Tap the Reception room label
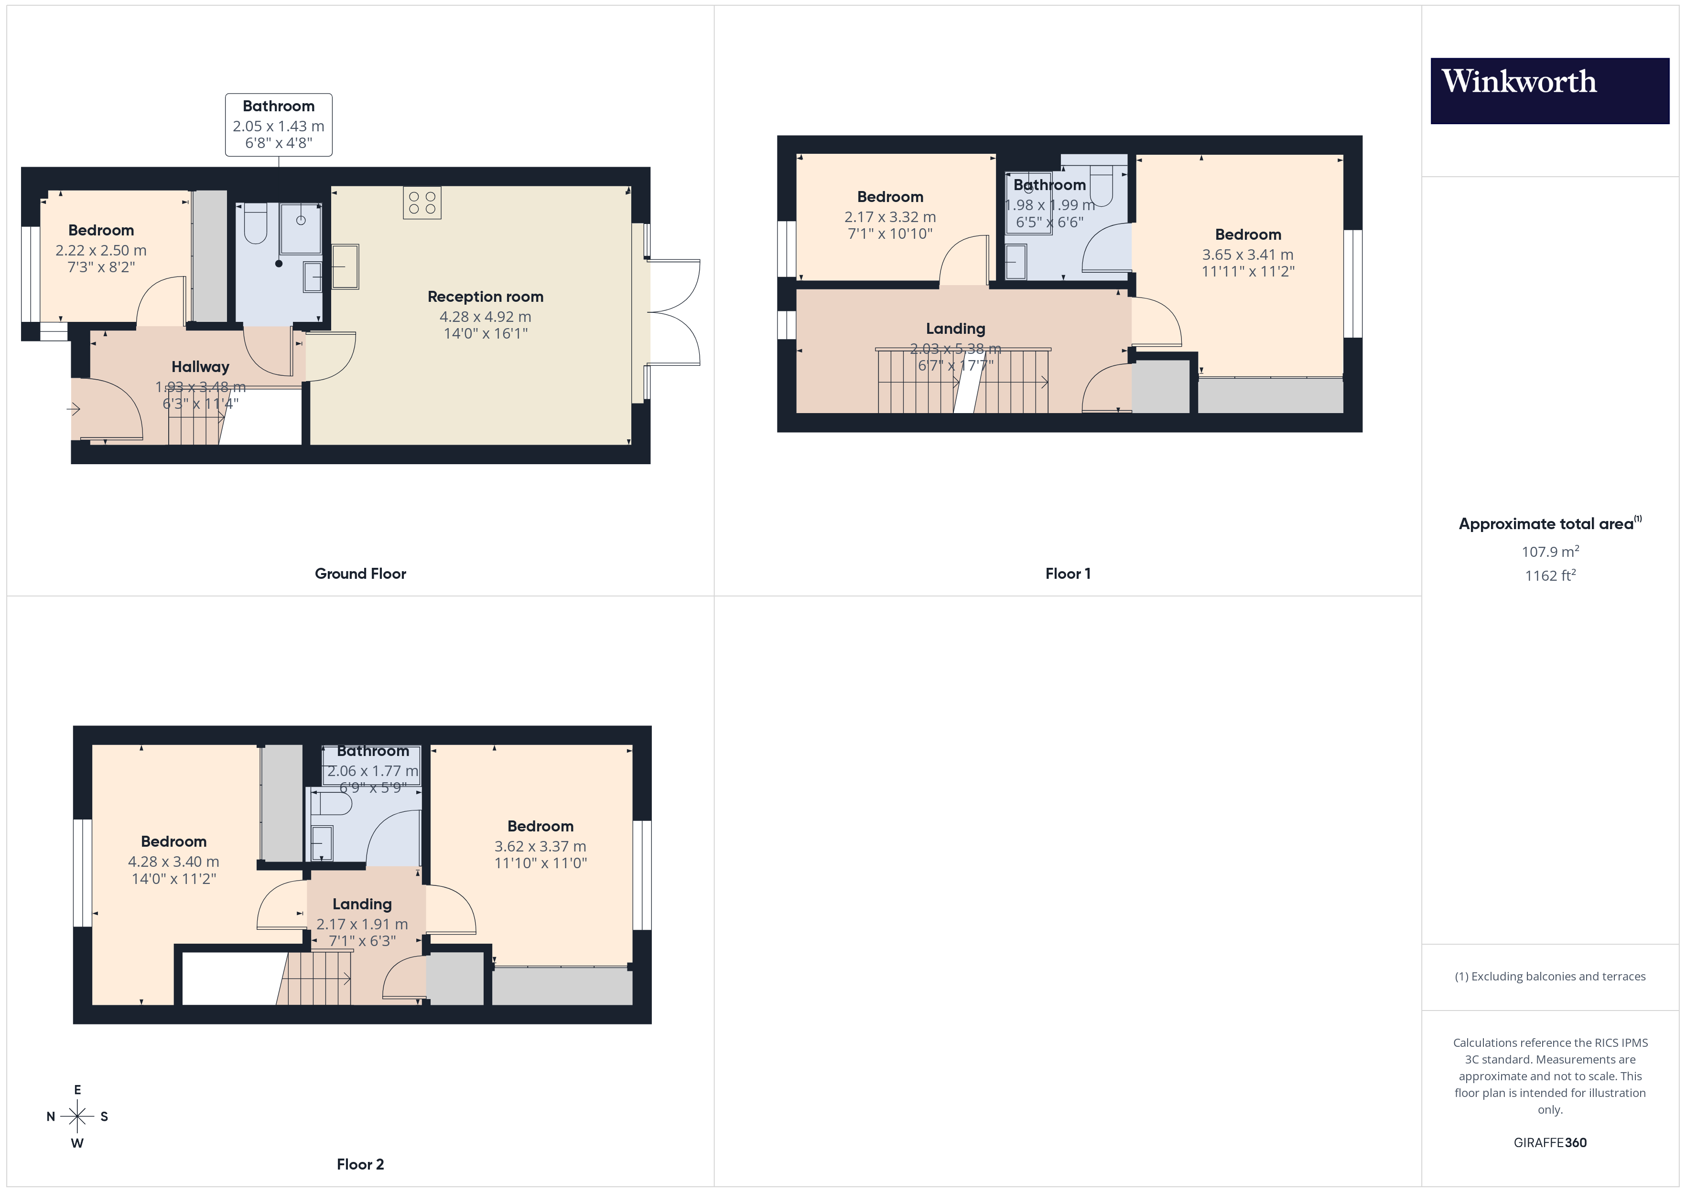point(486,297)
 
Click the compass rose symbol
point(77,1117)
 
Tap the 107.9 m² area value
point(1549,551)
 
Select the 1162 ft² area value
point(1549,575)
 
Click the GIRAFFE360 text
point(1549,1142)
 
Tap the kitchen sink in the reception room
point(345,266)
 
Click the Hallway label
point(200,367)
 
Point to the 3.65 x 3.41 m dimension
point(1248,255)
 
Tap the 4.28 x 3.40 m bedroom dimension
point(173,862)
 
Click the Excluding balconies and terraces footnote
point(1549,976)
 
